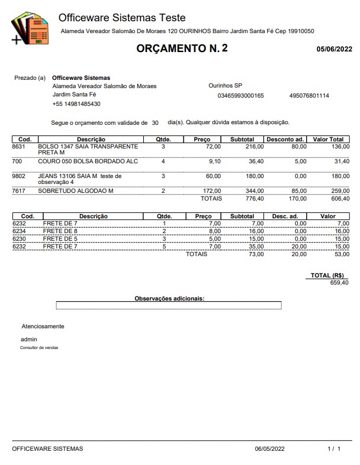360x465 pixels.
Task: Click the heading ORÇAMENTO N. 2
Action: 182,49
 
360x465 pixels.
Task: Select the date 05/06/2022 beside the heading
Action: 335,50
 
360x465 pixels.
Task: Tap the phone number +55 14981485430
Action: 76,104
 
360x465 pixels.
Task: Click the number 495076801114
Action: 309,95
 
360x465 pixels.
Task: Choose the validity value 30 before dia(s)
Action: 155,123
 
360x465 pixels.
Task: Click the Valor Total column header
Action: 332,139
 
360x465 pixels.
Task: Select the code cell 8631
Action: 18,146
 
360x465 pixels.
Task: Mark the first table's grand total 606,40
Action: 339,199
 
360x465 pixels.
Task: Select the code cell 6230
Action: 20,238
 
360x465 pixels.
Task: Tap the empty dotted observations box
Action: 169,306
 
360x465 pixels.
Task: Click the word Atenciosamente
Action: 43,326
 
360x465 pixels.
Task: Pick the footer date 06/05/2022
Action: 271,449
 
